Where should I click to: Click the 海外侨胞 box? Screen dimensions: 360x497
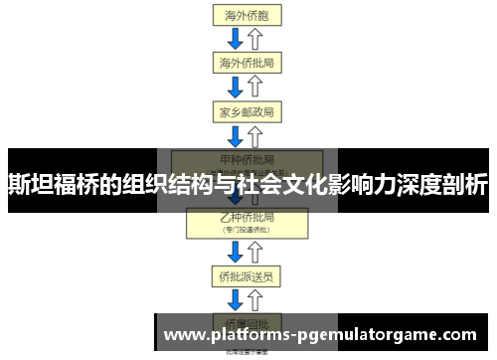(x=247, y=15)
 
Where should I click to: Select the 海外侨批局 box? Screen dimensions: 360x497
(x=247, y=63)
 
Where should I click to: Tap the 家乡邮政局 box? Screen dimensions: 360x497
(x=247, y=111)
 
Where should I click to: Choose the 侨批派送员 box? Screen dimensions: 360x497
(x=247, y=274)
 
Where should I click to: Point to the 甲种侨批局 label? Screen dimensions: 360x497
(x=247, y=158)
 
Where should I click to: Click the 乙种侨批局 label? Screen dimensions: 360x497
(x=247, y=217)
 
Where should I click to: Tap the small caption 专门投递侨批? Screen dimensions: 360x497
(x=247, y=229)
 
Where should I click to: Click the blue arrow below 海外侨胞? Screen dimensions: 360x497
(x=236, y=39)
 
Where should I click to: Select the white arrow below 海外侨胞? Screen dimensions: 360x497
(x=256, y=39)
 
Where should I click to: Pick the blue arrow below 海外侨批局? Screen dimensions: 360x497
(x=236, y=87)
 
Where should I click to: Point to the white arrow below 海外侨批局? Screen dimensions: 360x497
(x=256, y=87)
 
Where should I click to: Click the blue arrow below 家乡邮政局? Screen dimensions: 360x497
(x=236, y=135)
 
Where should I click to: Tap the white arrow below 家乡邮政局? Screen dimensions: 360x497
(x=256, y=135)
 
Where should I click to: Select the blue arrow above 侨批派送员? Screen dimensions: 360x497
(x=236, y=251)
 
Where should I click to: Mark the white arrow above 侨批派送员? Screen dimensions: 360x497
(x=256, y=251)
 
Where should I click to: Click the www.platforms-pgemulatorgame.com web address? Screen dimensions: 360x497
(x=319, y=335)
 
